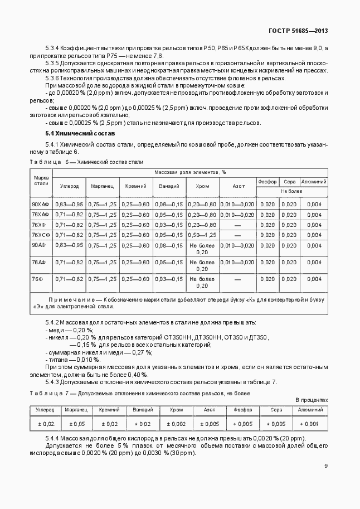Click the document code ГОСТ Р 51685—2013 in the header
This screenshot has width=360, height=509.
click(298, 32)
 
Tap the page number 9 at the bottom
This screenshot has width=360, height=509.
click(326, 466)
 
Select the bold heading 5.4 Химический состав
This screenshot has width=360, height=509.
click(80, 134)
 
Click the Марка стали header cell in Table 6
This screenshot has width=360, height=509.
click(41, 180)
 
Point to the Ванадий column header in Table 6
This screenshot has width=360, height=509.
click(169, 186)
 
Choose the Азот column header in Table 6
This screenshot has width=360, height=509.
click(238, 186)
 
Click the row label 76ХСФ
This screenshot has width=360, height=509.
click(41, 235)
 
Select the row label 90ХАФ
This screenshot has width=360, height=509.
click(40, 205)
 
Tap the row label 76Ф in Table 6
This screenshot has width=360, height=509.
click(38, 278)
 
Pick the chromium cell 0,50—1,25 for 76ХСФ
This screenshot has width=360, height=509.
click(202, 235)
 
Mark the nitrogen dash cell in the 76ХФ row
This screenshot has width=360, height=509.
click(237, 225)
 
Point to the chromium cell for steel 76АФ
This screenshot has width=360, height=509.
click(202, 265)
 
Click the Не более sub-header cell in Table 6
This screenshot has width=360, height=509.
click(291, 191)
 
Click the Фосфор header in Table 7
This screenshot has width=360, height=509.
click(242, 410)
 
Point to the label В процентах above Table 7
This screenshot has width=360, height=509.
click(312, 400)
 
